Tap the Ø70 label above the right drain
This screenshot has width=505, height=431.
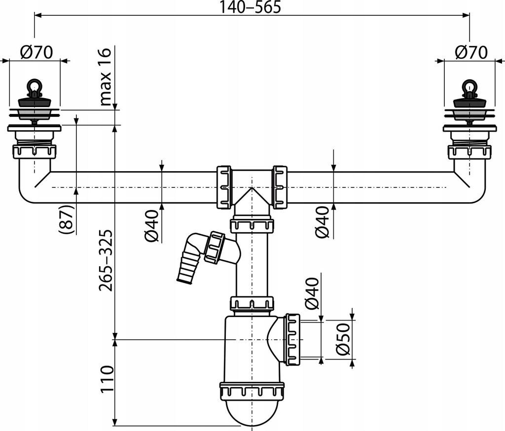coord(471,52)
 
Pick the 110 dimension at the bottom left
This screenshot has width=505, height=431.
coord(105,379)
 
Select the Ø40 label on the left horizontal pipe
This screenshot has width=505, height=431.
coord(152,225)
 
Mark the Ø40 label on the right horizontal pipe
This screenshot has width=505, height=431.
coord(323,223)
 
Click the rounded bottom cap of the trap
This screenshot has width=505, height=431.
coord(252,411)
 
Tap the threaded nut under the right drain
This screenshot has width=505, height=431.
coord(469,150)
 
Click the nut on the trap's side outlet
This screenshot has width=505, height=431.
coord(292,339)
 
